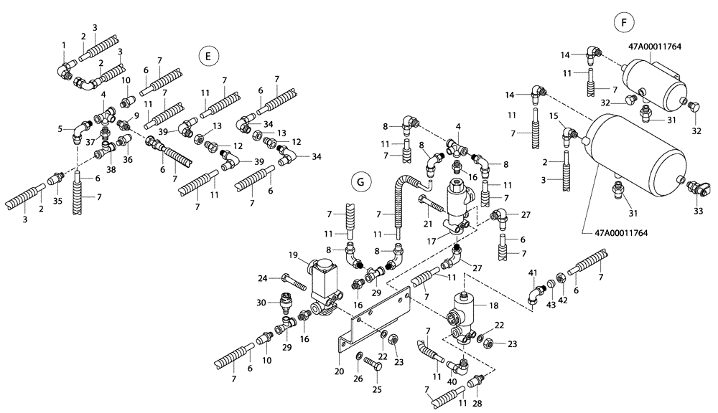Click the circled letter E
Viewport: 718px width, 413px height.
pos(208,55)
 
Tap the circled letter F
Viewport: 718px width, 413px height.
pos(623,23)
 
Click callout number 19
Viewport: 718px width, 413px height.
pos(293,255)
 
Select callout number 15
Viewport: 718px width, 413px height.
pos(553,115)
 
